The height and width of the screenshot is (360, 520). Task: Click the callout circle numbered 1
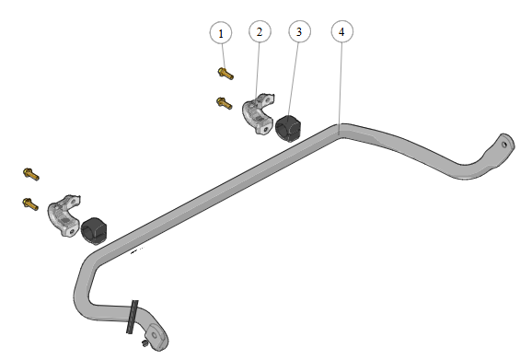(221, 33)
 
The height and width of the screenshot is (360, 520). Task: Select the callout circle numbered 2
(260, 32)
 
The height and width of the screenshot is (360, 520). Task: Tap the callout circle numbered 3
(299, 32)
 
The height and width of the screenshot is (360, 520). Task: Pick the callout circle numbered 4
(342, 31)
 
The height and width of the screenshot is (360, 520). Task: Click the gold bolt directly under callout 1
(225, 74)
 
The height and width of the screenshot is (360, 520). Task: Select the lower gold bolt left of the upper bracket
(225, 103)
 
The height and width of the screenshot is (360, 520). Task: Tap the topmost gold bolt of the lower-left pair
(31, 174)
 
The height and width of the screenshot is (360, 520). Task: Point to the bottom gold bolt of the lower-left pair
(30, 203)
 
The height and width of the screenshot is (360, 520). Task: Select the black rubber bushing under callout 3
(288, 128)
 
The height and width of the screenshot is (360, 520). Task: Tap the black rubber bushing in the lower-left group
(94, 231)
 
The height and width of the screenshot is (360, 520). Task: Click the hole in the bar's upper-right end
(504, 145)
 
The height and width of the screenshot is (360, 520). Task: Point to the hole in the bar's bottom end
(155, 335)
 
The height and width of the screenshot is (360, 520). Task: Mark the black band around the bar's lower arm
(133, 317)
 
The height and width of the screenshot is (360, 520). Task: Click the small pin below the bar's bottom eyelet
(144, 343)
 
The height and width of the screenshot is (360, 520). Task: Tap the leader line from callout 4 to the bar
(341, 83)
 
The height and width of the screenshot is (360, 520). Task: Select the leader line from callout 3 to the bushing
(294, 79)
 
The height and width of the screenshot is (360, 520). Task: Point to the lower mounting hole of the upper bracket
(265, 130)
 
